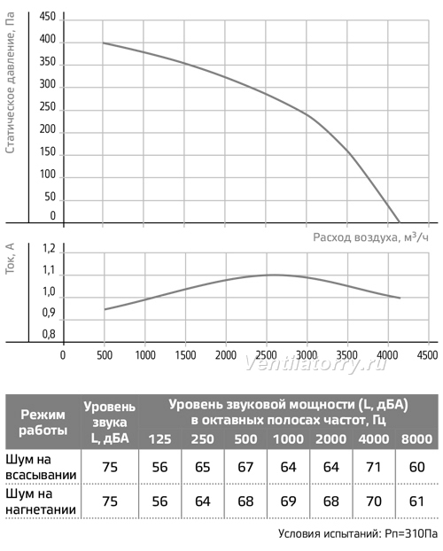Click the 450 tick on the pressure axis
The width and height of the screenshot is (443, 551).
point(48,17)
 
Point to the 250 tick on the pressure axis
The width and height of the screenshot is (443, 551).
point(48,107)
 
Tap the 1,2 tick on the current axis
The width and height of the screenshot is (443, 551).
point(49,249)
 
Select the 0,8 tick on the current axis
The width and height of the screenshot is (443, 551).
point(49,334)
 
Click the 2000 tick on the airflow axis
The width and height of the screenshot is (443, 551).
point(226,355)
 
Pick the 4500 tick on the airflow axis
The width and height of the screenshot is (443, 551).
point(428,355)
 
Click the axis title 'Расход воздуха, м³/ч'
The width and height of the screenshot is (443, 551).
point(370,237)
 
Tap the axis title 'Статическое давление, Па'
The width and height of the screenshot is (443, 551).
point(11,83)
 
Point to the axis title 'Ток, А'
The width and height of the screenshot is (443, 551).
point(11,259)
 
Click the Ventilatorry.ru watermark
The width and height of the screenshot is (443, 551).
point(315,364)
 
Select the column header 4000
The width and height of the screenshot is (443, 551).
point(374,439)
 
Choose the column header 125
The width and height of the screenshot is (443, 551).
point(160,439)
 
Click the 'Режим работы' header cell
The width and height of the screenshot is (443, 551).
point(43,422)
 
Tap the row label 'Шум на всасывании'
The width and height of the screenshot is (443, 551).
point(41,467)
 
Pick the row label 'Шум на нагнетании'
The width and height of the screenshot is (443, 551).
point(41,501)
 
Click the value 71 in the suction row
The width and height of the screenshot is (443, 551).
point(374,467)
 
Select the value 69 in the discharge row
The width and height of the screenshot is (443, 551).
point(288,501)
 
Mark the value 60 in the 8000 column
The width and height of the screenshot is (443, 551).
point(417,467)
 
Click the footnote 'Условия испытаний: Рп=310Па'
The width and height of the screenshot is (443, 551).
point(358,534)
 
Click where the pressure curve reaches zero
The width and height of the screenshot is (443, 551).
point(400,222)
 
